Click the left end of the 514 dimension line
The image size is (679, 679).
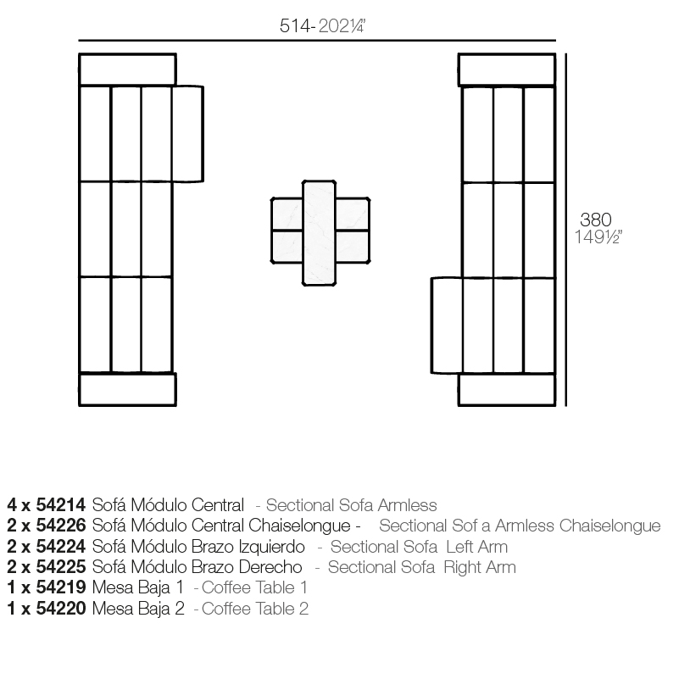(78, 41)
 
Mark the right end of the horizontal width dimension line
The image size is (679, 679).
(556, 41)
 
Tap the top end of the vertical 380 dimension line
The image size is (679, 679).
(566, 53)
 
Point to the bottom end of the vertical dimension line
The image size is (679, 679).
(566, 406)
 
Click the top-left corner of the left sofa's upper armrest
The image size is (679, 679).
(79, 53)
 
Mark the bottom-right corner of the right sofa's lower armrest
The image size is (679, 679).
(555, 406)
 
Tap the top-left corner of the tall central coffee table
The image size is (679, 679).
(303, 181)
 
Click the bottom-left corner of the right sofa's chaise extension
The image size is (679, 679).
(431, 372)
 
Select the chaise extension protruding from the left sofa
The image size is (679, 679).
(187, 134)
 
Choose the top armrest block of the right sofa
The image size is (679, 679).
(507, 70)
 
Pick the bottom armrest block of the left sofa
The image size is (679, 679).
(127, 390)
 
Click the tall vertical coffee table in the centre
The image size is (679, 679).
(319, 233)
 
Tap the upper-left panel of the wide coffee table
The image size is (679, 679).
(287, 214)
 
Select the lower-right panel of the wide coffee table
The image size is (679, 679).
(353, 247)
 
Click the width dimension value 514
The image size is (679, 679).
(295, 26)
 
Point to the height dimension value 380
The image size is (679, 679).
(595, 220)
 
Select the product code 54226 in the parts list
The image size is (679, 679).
(61, 526)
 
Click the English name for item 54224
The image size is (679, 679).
(419, 547)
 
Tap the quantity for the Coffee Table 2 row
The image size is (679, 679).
(11, 609)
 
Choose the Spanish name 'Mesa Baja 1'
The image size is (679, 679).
(138, 587)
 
